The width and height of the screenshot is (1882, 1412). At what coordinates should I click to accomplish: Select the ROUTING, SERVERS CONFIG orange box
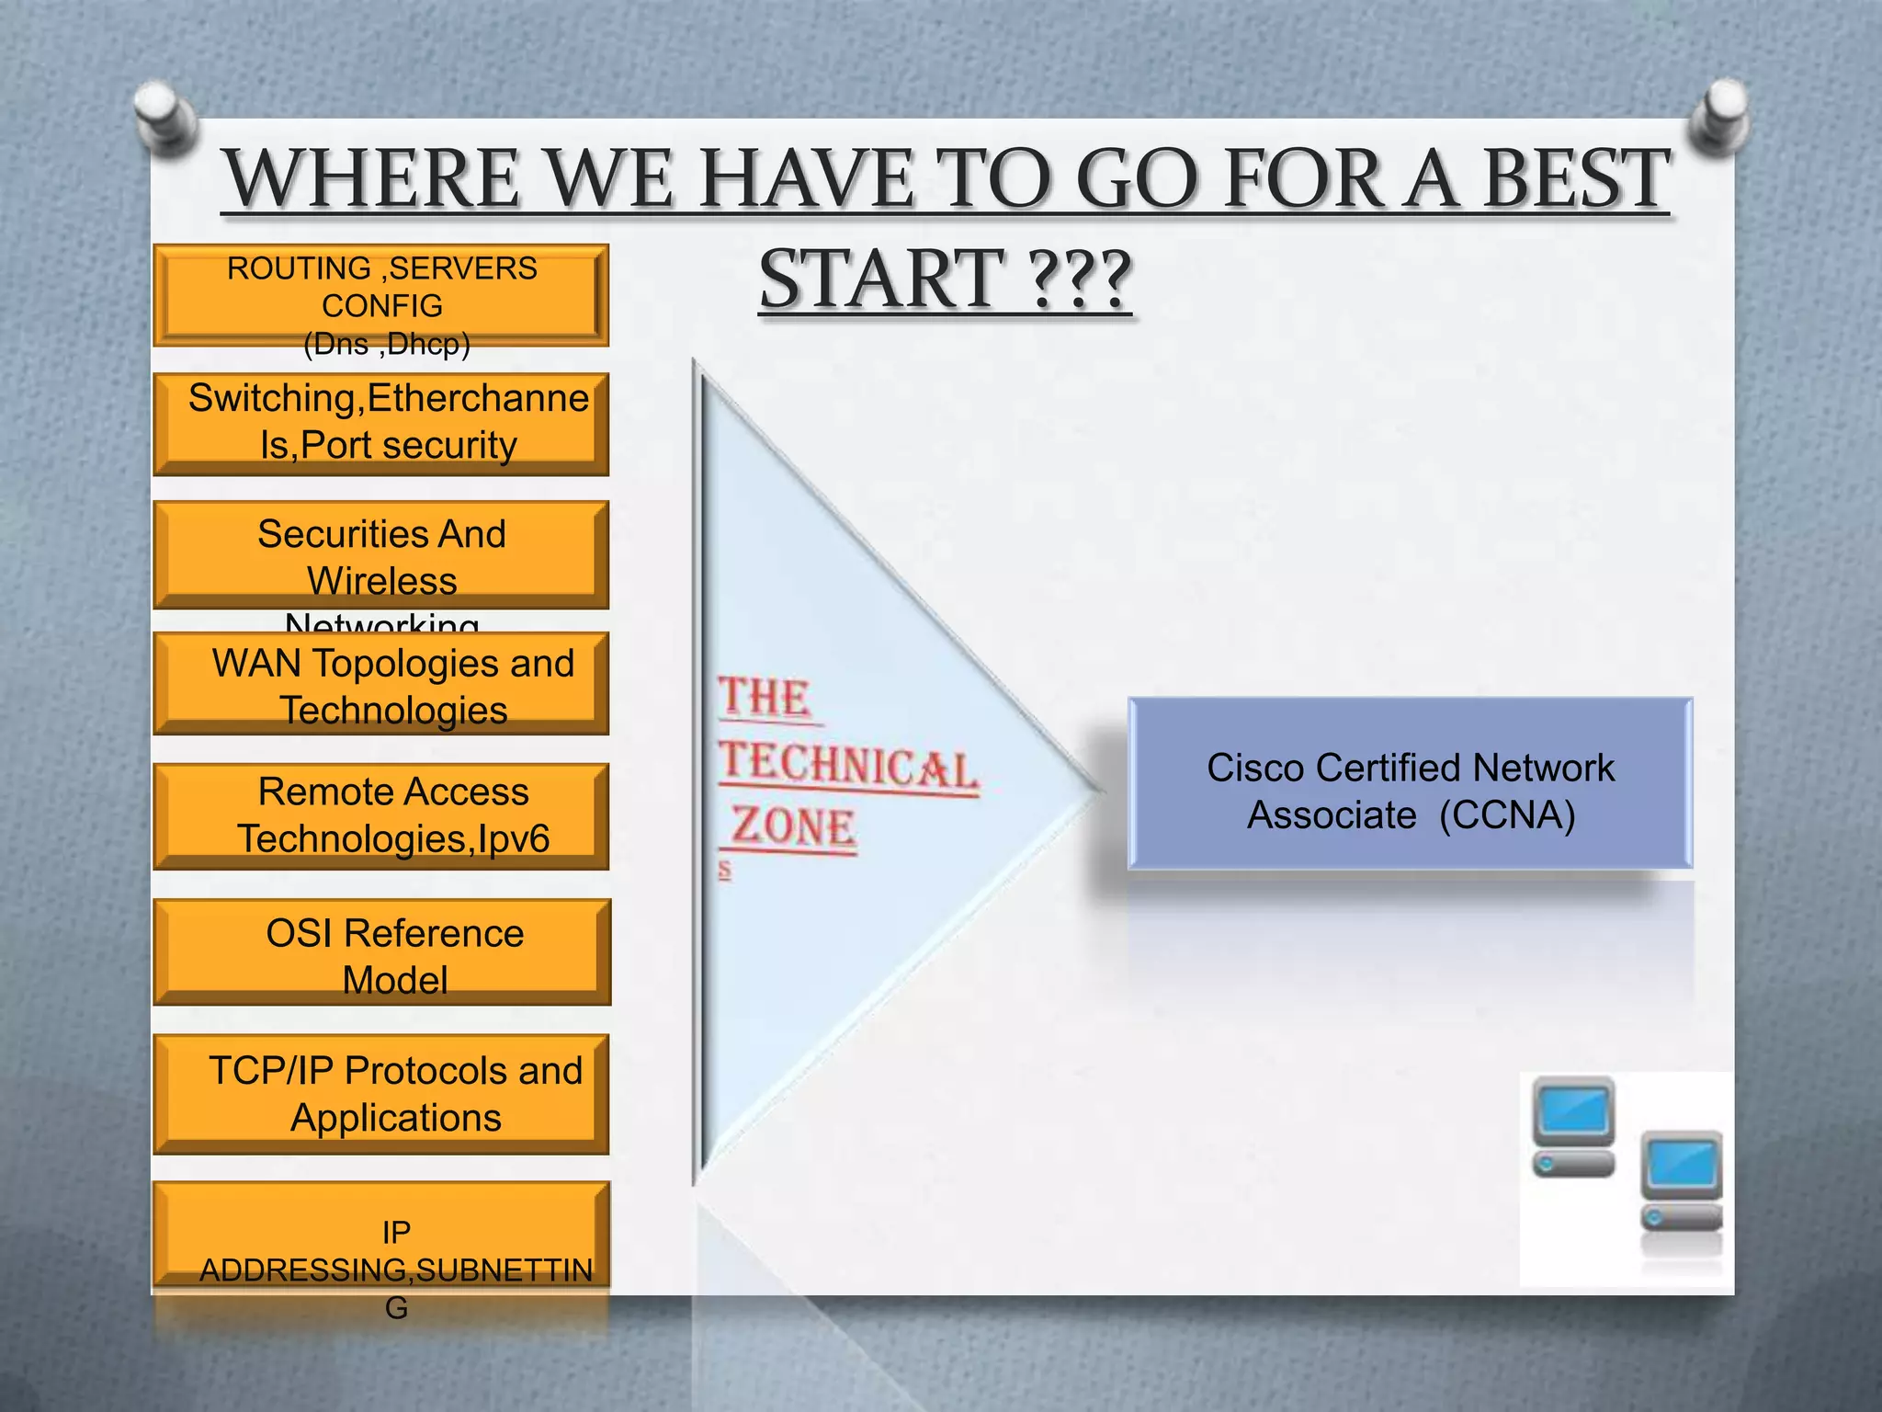[x=381, y=295]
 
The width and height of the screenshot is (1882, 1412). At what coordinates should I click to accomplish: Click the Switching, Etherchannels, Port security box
[x=381, y=423]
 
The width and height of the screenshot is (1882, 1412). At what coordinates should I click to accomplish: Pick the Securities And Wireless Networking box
[x=381, y=554]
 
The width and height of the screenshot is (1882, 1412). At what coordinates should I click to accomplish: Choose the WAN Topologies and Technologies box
[x=381, y=684]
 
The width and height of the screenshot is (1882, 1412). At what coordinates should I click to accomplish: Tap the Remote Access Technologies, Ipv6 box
[x=381, y=815]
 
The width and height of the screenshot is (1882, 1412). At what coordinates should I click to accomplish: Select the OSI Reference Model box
[x=381, y=952]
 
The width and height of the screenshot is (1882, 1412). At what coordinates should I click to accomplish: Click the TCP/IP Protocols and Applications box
[x=381, y=1093]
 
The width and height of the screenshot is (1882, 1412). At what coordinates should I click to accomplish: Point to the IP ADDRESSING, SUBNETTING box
[x=381, y=1235]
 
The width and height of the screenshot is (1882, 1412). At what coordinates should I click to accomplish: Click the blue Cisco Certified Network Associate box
[x=1410, y=784]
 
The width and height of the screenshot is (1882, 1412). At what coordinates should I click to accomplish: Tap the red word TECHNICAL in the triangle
[x=847, y=765]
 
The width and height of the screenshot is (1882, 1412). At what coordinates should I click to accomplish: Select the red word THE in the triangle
[x=765, y=697]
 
